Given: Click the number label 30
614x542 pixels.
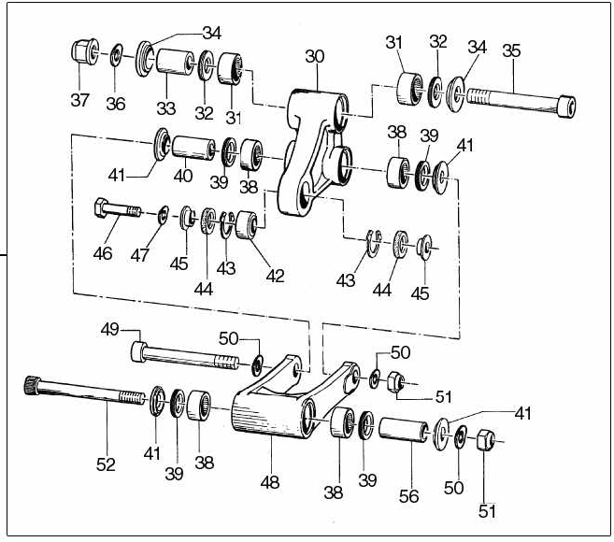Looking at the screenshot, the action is (x=315, y=56).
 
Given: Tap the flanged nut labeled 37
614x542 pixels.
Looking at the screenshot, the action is (x=85, y=51).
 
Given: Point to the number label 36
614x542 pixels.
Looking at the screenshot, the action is (x=116, y=104).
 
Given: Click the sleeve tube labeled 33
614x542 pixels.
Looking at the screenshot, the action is (x=175, y=62).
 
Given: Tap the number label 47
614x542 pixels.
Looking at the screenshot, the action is (x=140, y=255).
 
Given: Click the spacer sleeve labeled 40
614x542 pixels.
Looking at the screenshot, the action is (x=193, y=148).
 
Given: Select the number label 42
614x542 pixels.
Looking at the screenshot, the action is (x=275, y=276).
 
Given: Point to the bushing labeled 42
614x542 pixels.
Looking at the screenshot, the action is (x=247, y=225).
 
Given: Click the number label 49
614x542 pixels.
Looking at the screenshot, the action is (x=109, y=329).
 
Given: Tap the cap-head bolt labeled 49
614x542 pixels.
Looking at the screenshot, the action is (x=184, y=356).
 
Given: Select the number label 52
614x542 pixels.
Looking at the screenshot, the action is (x=106, y=464).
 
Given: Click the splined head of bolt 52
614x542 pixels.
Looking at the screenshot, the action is (x=32, y=385).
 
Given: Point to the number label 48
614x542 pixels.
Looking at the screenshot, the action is (x=270, y=482).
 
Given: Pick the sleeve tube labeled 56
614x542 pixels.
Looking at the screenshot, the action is (x=404, y=430).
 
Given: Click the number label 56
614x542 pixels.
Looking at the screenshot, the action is (x=408, y=496).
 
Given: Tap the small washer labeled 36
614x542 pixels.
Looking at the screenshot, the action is (x=116, y=55).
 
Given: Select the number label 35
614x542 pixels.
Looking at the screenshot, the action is (x=511, y=50).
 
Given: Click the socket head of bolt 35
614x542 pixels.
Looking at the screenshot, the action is (x=567, y=106).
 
